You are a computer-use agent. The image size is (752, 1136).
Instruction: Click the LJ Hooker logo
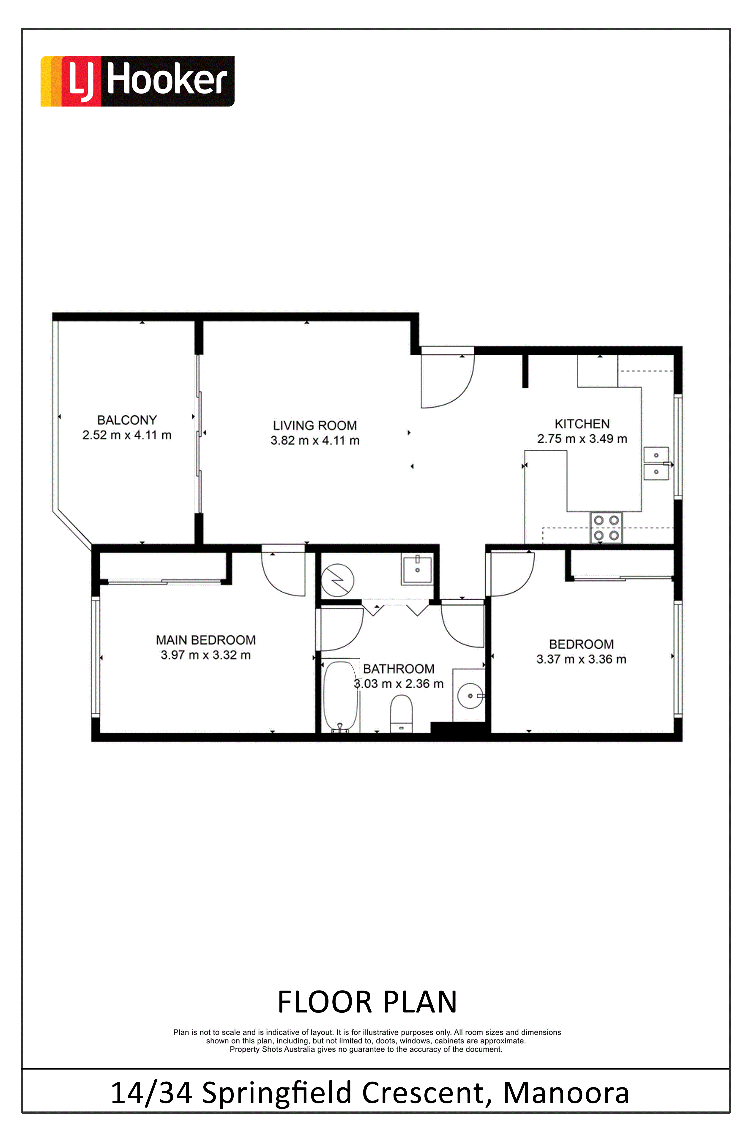coord(137,81)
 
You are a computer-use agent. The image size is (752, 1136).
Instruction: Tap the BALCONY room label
coord(127,420)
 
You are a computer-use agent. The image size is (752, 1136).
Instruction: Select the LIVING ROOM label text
coord(315,425)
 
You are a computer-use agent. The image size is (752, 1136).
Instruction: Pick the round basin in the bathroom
coord(470,696)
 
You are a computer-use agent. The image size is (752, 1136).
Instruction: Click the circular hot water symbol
coord(338,580)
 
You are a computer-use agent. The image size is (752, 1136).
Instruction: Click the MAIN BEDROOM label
coord(206,640)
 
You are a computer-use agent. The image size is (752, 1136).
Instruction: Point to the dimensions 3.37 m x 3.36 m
coord(581,659)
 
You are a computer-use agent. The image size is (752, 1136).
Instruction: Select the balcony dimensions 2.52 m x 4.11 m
coord(127,435)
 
